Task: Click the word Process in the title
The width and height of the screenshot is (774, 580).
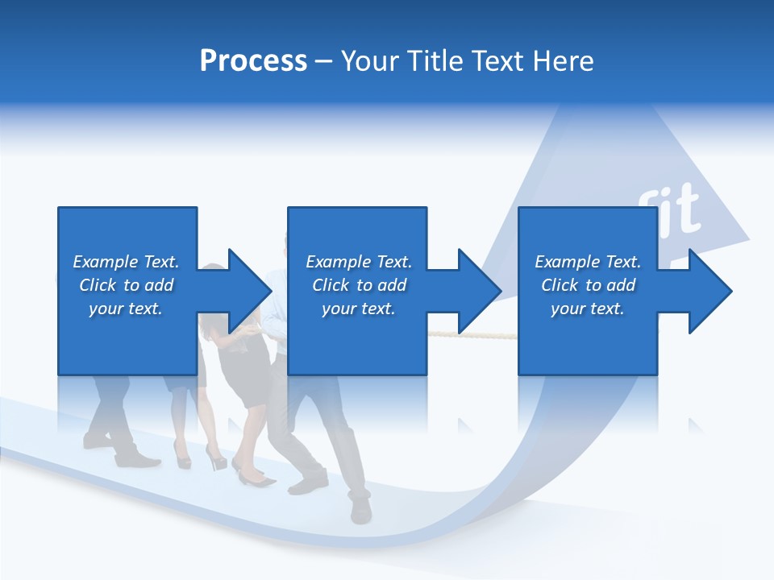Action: (253, 61)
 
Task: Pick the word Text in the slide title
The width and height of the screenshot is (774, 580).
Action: (497, 61)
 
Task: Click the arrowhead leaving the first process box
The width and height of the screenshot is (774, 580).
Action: (250, 291)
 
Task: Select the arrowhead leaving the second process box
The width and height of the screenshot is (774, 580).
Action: (480, 291)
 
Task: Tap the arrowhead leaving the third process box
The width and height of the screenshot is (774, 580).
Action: (709, 291)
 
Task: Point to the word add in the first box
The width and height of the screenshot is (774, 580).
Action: (160, 285)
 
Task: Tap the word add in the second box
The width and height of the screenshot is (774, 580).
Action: (393, 285)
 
